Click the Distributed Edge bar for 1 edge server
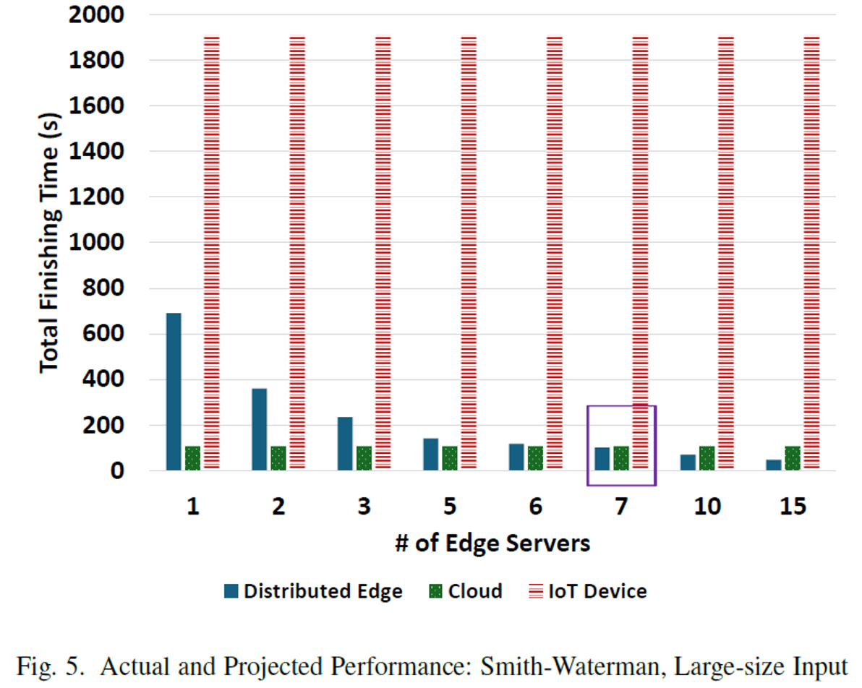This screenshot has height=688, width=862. point(173,392)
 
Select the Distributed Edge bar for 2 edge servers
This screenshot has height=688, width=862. point(259,429)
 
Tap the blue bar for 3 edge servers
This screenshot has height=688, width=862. point(345,444)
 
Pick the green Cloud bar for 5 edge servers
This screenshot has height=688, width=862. point(450,458)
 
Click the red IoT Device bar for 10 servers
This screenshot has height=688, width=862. point(726,253)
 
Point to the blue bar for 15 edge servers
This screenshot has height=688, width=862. point(774,465)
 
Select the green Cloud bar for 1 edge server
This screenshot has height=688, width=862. point(192,458)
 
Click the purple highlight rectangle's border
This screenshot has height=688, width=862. point(588,444)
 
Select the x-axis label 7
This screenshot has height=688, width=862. point(621,507)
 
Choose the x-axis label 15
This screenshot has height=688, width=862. point(793,507)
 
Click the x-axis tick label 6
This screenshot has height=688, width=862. point(535,507)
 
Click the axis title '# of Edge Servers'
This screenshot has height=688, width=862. point(492,543)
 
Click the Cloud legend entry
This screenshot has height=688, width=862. point(466,591)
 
